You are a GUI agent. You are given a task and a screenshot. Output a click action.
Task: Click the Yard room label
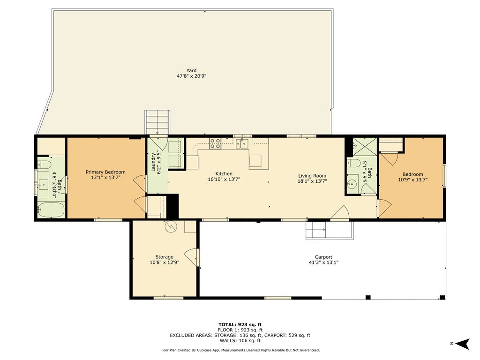(192, 70)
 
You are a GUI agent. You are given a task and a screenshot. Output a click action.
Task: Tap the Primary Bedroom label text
(105, 172)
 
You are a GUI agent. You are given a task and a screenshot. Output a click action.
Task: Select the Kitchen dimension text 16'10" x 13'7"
(224, 180)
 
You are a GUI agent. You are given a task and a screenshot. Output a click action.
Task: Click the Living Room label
(312, 176)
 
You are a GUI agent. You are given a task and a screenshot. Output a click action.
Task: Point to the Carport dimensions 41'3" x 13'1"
(323, 262)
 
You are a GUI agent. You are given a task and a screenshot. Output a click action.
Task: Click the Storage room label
(165, 257)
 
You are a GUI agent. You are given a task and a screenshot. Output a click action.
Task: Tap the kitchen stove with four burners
(215, 143)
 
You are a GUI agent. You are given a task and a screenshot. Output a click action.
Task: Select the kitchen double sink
(242, 143)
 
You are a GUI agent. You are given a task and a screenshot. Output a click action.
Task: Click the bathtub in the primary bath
(51, 210)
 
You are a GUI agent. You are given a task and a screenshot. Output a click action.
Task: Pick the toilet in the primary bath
(44, 165)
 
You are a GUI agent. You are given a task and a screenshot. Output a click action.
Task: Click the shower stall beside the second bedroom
(365, 147)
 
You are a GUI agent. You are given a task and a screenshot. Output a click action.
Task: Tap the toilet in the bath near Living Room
(354, 163)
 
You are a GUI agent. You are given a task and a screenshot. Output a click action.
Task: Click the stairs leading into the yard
(157, 122)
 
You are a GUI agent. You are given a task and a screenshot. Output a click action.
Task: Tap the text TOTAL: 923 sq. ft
(240, 324)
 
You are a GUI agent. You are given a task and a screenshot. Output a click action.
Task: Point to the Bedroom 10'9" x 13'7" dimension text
(412, 180)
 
